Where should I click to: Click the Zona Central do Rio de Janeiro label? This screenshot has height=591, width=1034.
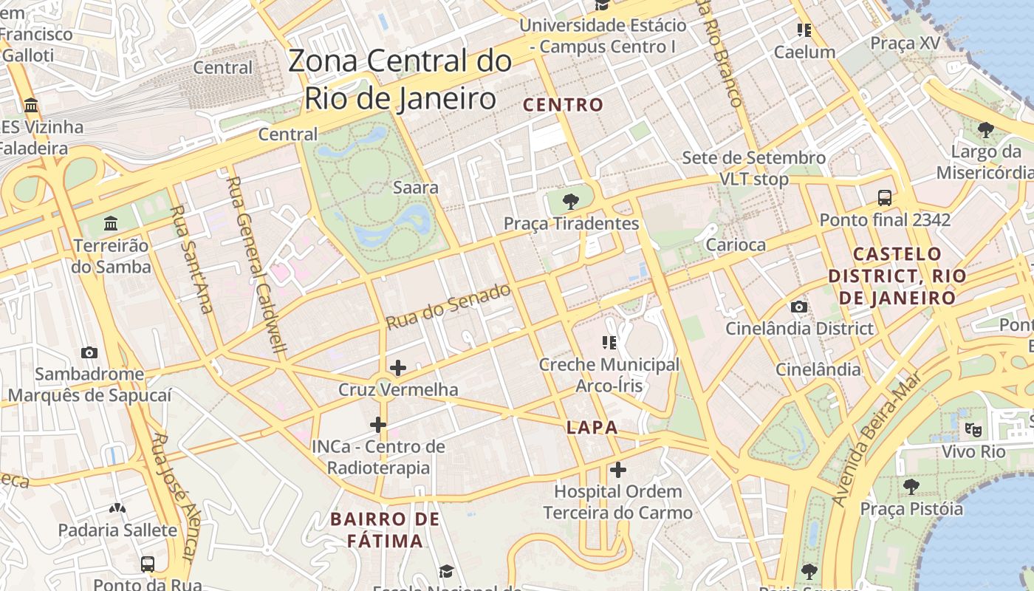point(400,80)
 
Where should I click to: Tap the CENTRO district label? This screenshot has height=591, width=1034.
point(564,105)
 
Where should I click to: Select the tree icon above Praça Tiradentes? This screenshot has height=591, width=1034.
point(570,201)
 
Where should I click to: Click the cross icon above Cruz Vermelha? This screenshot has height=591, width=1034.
point(398,367)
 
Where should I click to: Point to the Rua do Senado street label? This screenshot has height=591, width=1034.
point(448,307)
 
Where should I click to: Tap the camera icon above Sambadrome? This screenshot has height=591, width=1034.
point(89,352)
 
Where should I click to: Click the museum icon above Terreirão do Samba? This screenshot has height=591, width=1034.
point(111,223)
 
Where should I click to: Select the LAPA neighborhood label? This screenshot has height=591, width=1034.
point(592,428)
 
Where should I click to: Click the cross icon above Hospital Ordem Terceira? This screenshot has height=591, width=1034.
point(618,469)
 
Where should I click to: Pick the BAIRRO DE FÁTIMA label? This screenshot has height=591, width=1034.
point(386,530)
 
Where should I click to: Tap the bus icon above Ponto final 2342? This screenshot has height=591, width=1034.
point(884,198)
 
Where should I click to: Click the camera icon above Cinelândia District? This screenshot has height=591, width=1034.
point(798,307)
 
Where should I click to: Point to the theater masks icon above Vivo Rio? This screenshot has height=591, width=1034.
point(973,429)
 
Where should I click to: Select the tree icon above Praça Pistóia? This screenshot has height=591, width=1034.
point(911,486)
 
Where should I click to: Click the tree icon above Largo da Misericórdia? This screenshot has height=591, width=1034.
point(985,131)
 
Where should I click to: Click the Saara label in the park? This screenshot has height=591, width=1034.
point(416,188)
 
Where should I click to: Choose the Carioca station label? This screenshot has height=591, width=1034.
point(736,245)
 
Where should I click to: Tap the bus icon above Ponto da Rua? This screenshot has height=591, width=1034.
point(148,564)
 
